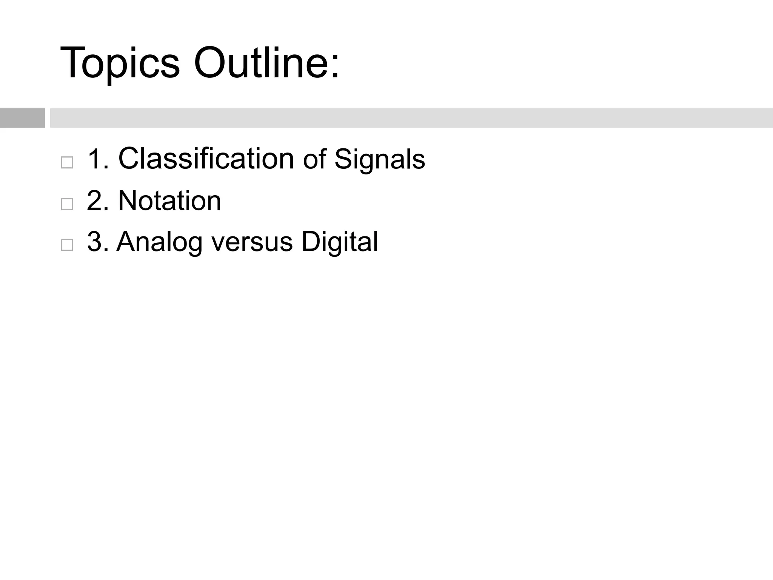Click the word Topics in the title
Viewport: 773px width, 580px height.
click(120, 63)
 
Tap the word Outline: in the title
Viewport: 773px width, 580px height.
click(266, 63)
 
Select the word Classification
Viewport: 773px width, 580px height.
click(206, 159)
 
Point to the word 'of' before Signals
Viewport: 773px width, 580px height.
click(314, 159)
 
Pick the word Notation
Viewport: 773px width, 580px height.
click(169, 201)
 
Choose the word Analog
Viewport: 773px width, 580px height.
click(160, 242)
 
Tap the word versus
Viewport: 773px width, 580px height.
click(252, 242)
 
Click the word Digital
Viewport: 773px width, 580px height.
click(340, 242)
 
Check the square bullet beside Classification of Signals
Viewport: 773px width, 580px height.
click(67, 163)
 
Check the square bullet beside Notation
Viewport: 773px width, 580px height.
click(67, 204)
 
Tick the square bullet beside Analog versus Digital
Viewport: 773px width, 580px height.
click(67, 245)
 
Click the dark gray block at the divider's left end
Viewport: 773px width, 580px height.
click(22, 118)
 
